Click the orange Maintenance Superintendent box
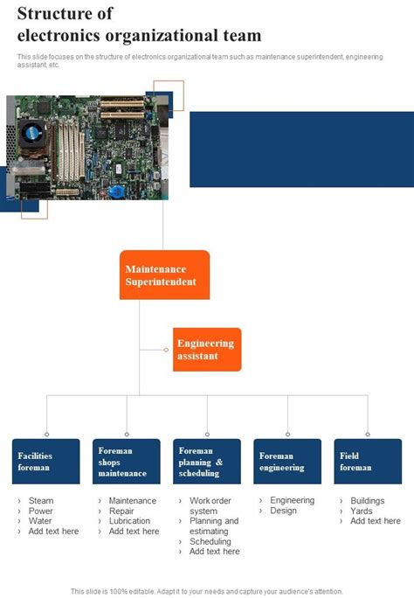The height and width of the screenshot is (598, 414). click(164, 275)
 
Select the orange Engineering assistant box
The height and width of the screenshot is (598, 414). click(207, 350)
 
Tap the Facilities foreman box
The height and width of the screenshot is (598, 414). click(46, 462)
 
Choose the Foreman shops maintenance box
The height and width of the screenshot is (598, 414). click(127, 462)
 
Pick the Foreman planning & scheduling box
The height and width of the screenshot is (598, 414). click(207, 462)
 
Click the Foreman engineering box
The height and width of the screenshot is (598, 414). click(287, 462)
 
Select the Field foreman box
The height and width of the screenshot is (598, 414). click(368, 462)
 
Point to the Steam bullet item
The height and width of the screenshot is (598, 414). click(41, 501)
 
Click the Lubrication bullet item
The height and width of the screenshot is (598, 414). click(130, 521)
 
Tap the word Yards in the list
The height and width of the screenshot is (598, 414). click(362, 511)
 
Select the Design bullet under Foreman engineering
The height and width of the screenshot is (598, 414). click(283, 511)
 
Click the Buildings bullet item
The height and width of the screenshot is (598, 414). click(368, 501)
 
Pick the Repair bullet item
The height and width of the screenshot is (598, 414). click(121, 511)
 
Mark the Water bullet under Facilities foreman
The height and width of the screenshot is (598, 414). click(40, 521)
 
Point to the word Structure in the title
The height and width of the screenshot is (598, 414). click(52, 15)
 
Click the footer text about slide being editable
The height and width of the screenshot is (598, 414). click(207, 591)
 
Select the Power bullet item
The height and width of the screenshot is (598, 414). click(41, 511)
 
